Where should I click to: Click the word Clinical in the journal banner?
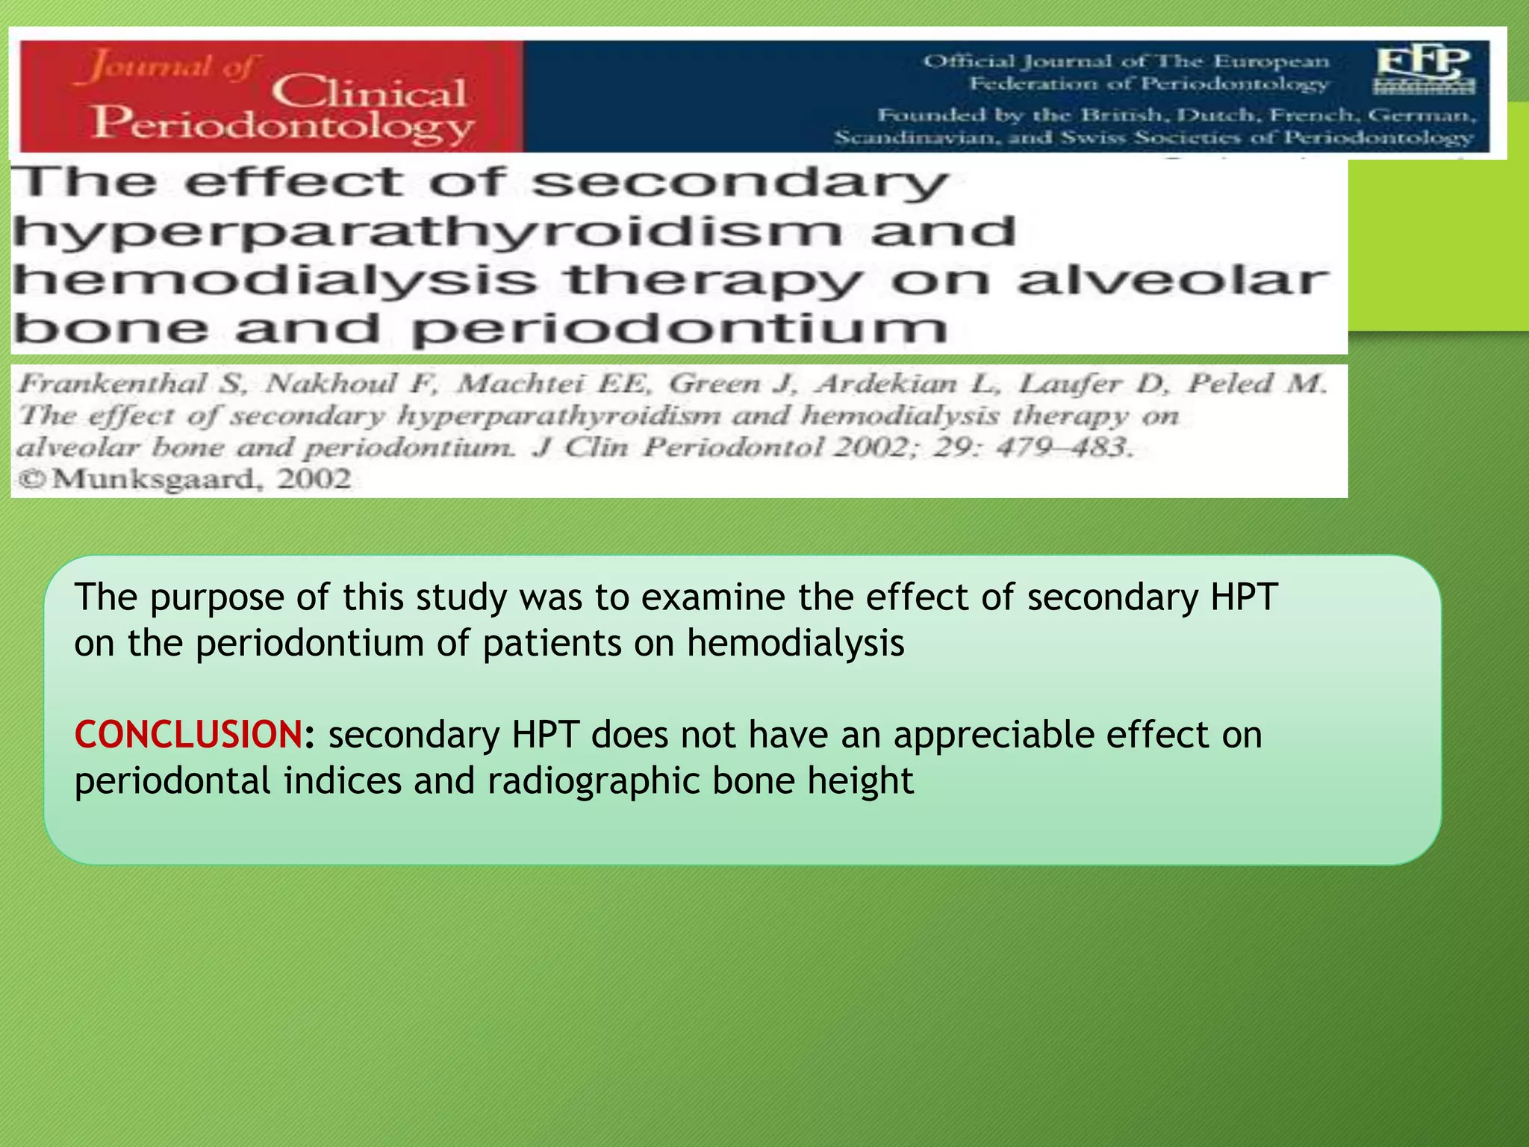point(369,93)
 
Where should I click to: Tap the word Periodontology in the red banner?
point(284,124)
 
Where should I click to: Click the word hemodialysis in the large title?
point(275,281)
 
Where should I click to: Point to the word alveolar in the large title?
point(1172,281)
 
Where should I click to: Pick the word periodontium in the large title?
point(679,329)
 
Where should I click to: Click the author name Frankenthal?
point(112,384)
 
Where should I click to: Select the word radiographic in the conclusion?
point(594,781)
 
